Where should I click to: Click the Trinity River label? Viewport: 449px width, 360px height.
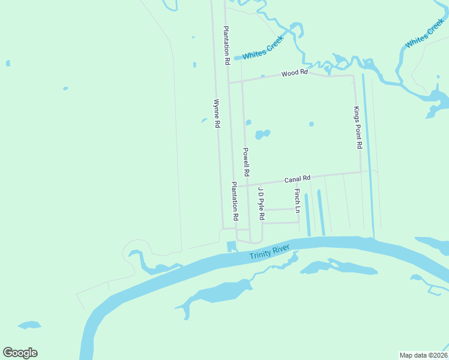270,251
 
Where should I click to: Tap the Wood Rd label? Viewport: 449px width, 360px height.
294,73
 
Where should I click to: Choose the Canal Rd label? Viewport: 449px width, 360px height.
297,179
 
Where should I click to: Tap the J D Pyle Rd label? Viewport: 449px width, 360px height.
261,202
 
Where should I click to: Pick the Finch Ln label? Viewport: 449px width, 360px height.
297,201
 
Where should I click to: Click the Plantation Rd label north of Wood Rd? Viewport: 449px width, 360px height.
227,46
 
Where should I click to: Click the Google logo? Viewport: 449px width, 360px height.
20,353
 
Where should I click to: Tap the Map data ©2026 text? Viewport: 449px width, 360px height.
423,355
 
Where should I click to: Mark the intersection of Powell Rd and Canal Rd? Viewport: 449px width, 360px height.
246,185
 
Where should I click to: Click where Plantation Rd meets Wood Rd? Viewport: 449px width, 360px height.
228,82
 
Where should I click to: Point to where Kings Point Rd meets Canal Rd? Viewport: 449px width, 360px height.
361,172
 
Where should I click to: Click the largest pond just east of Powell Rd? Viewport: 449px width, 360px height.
262,134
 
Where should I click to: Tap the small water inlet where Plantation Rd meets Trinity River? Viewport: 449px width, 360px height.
232,246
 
